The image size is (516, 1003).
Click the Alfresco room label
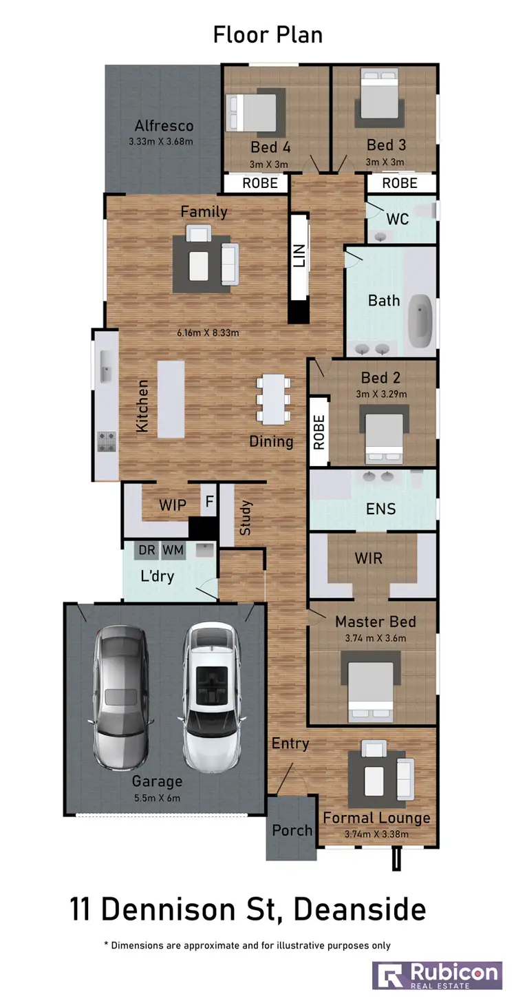[x=164, y=126]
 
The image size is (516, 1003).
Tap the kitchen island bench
[x=171, y=399]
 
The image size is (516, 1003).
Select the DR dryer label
[x=147, y=550]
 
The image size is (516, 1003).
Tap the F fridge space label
[x=208, y=503]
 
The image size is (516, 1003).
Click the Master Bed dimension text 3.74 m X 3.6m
[x=375, y=638]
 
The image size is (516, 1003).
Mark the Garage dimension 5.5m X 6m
[x=158, y=799]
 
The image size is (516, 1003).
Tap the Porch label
[x=292, y=830]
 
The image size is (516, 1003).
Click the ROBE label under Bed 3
[x=400, y=183]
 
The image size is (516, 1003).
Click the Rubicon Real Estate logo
[x=436, y=975]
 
